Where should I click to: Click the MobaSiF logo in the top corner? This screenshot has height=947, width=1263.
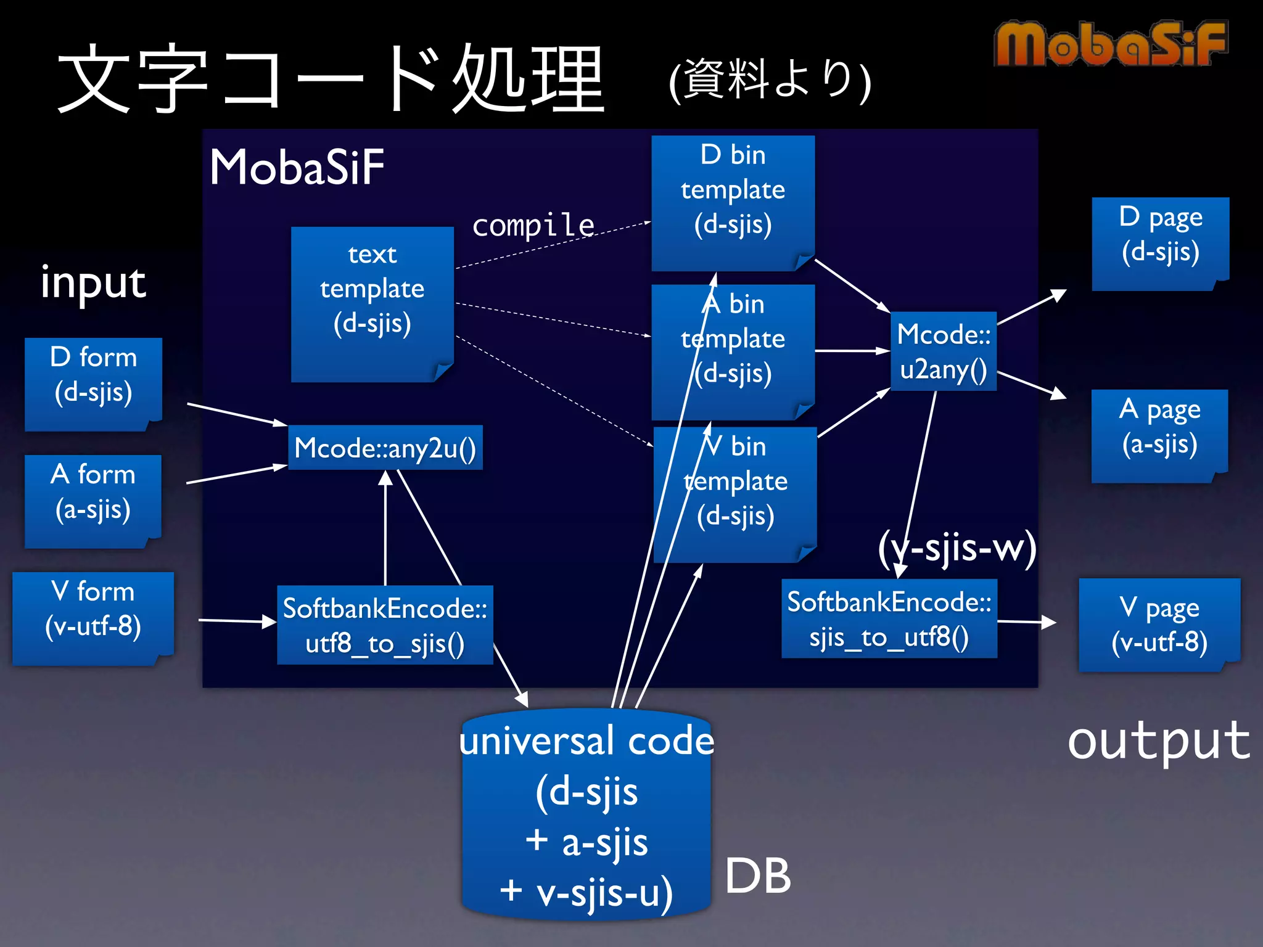(1110, 44)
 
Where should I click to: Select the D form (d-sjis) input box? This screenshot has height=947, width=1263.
(93, 382)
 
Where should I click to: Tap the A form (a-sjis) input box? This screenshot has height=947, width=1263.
(93, 499)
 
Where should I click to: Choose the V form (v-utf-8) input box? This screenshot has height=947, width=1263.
(93, 617)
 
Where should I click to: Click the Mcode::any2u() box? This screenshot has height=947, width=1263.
(385, 448)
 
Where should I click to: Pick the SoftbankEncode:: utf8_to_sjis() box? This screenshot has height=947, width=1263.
(385, 625)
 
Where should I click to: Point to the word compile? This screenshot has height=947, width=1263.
(533, 225)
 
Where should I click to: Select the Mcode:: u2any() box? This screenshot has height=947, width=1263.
(944, 351)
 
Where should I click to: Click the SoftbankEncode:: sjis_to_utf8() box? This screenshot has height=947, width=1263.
(889, 618)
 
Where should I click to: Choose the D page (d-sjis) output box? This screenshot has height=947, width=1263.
(1160, 242)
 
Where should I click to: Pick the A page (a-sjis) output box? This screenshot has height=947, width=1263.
(1159, 435)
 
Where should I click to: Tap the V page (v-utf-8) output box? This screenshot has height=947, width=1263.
(1159, 624)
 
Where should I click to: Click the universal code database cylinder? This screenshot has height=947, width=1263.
(586, 814)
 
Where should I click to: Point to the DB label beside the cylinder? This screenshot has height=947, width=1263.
(757, 875)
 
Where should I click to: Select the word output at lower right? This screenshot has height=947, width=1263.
(1158, 741)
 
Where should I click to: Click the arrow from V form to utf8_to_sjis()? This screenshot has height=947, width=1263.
(237, 621)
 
